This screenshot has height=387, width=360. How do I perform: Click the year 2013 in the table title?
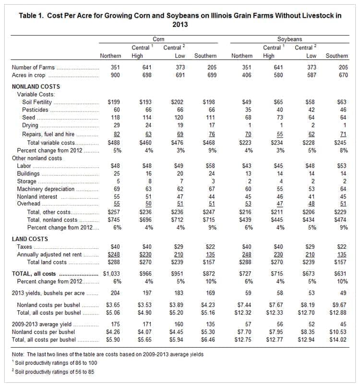click(x=180, y=24)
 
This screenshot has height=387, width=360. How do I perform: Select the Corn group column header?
click(x=158, y=39)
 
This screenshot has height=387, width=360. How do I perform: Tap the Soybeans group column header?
click(x=289, y=39)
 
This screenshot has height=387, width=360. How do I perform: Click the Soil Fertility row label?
click(x=37, y=102)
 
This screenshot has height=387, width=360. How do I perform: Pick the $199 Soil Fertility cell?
click(x=114, y=102)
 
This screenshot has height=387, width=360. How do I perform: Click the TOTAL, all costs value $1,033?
click(x=111, y=274)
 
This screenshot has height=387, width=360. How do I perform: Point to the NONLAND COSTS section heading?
click(x=36, y=86)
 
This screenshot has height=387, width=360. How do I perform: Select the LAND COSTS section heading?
click(x=30, y=239)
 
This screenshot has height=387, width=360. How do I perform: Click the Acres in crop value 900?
click(x=115, y=75)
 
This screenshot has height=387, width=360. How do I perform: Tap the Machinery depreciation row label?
click(x=46, y=189)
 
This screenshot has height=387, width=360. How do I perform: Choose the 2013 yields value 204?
click(x=115, y=293)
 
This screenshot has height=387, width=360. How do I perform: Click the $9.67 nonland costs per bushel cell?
click(x=339, y=305)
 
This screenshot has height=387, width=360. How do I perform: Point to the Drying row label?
click(x=30, y=125)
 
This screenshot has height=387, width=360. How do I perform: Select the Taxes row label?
click(x=24, y=247)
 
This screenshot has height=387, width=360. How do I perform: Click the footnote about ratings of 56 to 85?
click(x=53, y=372)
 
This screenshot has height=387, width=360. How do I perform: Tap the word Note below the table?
click(x=17, y=354)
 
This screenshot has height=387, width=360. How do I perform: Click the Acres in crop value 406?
click(x=247, y=75)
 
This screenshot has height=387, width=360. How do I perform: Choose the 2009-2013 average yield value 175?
click(x=115, y=324)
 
